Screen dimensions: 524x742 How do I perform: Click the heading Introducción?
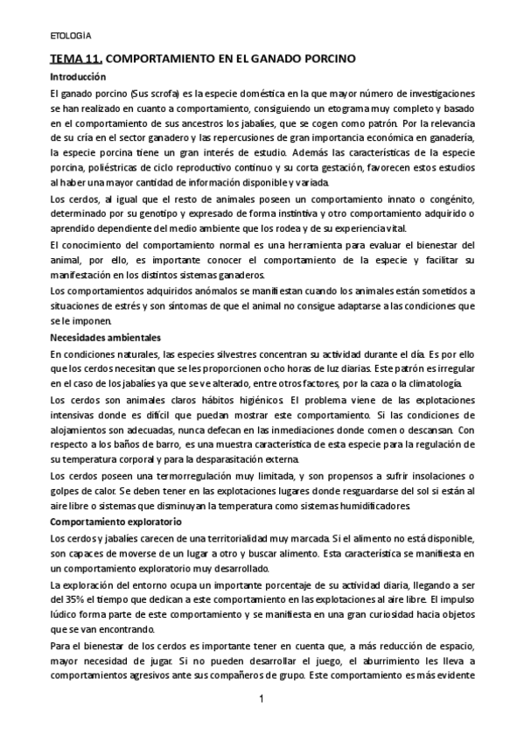(x=78, y=77)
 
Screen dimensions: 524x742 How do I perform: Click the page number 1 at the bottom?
(x=262, y=700)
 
